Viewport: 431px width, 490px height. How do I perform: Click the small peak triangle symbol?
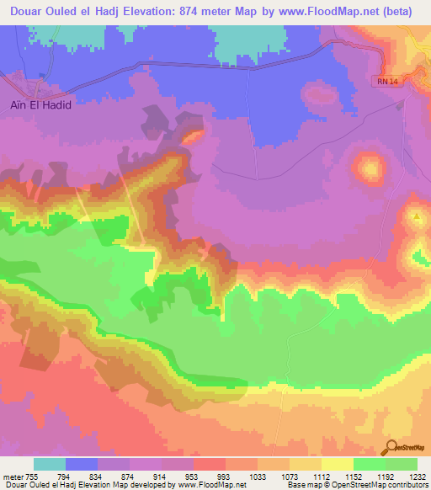click(417, 216)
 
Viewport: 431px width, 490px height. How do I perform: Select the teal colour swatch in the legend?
click(50, 464)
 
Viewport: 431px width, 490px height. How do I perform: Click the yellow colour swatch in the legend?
click(337, 464)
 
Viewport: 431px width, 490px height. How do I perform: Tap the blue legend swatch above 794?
click(82, 464)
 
